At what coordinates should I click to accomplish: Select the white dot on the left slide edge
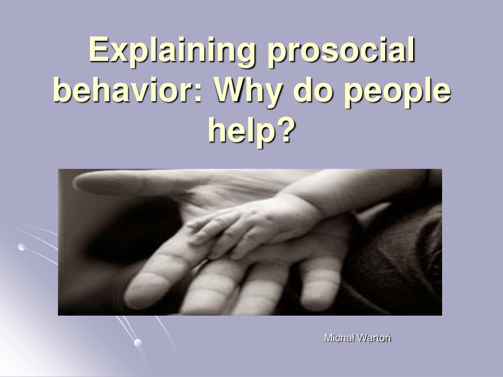click(x=22, y=247)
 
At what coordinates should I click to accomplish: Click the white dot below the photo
click(x=138, y=342)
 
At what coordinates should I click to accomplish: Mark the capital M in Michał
click(x=328, y=338)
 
